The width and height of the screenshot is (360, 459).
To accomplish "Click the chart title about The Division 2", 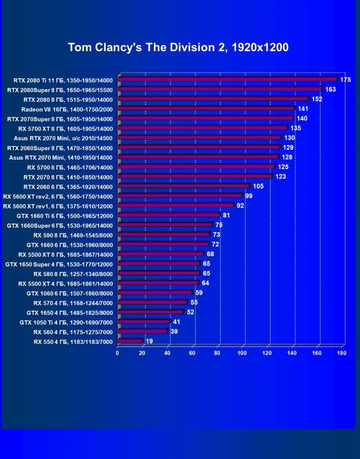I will [x=178, y=47].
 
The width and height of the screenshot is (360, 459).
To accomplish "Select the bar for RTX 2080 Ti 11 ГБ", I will [x=227, y=80].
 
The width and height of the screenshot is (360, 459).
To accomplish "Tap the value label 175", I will [x=345, y=80].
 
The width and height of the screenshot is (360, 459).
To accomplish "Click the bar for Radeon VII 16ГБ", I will [x=206, y=109].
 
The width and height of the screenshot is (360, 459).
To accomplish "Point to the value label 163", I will [x=330, y=90].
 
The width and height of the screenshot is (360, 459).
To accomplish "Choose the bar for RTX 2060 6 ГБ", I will [x=183, y=186].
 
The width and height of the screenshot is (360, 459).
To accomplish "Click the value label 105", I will [x=258, y=186].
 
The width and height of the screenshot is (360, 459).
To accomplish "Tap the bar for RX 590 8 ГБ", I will [x=163, y=234].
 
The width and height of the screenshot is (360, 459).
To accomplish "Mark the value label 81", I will [x=226, y=216].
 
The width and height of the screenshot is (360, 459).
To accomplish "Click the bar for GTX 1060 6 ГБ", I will [x=155, y=293].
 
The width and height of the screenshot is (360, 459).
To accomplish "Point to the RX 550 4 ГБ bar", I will [x=130, y=341].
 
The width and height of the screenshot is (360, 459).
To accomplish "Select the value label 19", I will [x=149, y=341].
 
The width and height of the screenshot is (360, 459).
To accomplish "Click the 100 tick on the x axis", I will [x=243, y=353].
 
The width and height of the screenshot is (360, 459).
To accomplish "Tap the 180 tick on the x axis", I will [x=342, y=353].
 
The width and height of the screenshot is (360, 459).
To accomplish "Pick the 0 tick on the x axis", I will [x=117, y=353].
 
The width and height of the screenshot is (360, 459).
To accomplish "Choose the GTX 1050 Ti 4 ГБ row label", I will [x=66, y=322].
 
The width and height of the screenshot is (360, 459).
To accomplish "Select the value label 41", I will [x=177, y=322].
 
